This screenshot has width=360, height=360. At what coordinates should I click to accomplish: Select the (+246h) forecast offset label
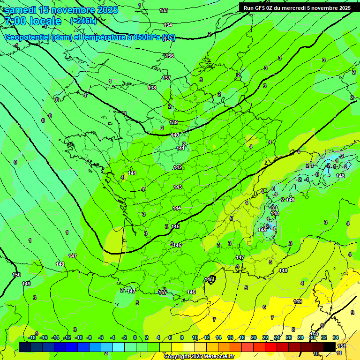[x=83, y=21]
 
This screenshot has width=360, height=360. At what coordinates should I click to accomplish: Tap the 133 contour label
[x=164, y=10]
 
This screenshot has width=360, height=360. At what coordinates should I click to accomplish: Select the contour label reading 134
[x=168, y=25]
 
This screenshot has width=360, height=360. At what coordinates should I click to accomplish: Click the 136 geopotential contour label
[x=170, y=56]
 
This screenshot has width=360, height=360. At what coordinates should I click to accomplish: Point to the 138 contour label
[x=152, y=88]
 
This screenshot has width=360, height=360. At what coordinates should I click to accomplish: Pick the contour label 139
[x=173, y=122]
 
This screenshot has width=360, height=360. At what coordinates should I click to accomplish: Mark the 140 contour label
[x=175, y=135]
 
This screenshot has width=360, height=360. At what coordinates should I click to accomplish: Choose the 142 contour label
[x=178, y=167]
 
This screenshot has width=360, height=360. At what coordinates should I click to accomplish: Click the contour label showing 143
[x=178, y=187]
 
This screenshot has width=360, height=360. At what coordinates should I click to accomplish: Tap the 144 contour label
[x=177, y=208]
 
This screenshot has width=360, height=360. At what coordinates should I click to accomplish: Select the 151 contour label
[x=341, y=346]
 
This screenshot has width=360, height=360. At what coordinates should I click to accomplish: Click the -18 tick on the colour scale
[x=32, y=337]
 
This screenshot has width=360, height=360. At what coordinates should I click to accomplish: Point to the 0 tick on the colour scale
[x=135, y=337]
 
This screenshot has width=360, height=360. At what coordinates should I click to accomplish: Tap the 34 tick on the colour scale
[x=336, y=337]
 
